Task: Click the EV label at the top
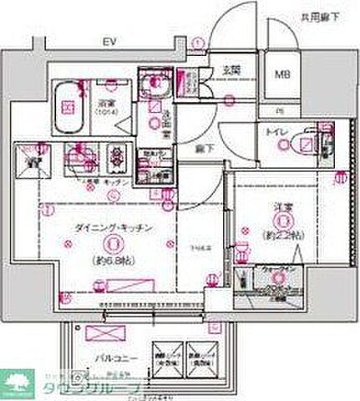tap(108, 39)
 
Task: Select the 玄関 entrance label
tap(231, 69)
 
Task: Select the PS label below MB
tap(281, 110)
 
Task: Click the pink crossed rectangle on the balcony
tap(87, 332)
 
